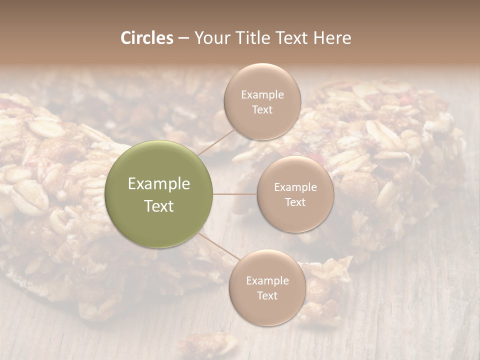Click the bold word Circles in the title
[147, 38]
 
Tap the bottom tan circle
[267, 310]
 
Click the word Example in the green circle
[159, 184]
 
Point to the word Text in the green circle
[159, 206]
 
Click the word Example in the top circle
[262, 95]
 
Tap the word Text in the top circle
[262, 109]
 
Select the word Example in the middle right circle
[295, 187]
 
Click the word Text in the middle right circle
[295, 202]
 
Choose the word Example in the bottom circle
[267, 281]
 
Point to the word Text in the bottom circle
[267, 295]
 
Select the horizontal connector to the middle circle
[235, 194]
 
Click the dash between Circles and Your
[183, 38]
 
